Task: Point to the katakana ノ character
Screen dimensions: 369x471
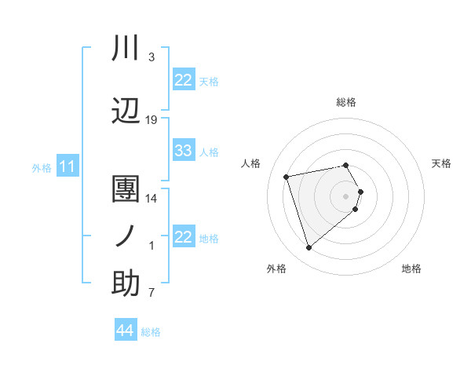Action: tap(126, 236)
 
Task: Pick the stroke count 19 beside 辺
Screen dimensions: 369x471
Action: tap(152, 120)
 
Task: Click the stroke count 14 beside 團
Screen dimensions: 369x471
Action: tap(152, 199)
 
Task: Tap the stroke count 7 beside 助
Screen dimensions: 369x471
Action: tap(152, 294)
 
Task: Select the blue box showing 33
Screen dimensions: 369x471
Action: tap(184, 151)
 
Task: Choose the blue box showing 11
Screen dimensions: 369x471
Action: tap(68, 166)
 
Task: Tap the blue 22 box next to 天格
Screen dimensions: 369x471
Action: tap(184, 80)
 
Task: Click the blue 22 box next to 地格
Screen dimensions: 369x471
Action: tap(184, 237)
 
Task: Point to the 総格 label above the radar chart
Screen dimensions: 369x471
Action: tap(346, 102)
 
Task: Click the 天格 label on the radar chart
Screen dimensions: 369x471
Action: tap(441, 163)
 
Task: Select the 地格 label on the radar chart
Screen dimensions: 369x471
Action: tap(411, 269)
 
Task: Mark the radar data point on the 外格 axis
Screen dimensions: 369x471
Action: tap(309, 248)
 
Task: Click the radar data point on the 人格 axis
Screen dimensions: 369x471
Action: tap(287, 176)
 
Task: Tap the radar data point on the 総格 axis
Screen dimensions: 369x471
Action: tap(346, 165)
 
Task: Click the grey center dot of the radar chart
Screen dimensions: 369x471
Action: tap(346, 195)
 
